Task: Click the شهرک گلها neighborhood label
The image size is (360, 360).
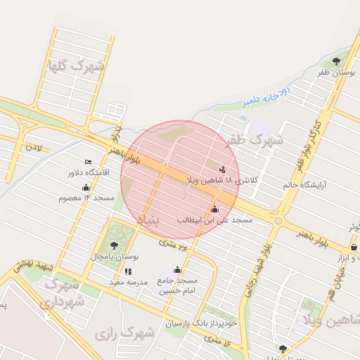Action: [x=75, y=67]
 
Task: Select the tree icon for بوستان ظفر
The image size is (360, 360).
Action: [x=335, y=61]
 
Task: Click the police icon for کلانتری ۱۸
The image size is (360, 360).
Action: [x=223, y=169]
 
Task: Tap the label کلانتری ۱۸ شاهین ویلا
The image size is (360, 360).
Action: [x=222, y=181]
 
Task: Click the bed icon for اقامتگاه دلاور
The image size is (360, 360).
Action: [x=88, y=162]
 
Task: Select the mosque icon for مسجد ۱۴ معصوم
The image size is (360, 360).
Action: [x=86, y=188]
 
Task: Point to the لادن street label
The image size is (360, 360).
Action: [x=34, y=148]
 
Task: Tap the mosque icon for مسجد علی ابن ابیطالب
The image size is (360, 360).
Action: [x=214, y=210]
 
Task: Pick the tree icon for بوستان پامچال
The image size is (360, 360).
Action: [x=114, y=245]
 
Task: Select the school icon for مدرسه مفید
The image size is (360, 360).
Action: [x=127, y=271]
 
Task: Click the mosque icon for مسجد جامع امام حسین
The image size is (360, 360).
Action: [x=177, y=270]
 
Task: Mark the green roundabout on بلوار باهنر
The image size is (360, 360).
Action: [x=278, y=221]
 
